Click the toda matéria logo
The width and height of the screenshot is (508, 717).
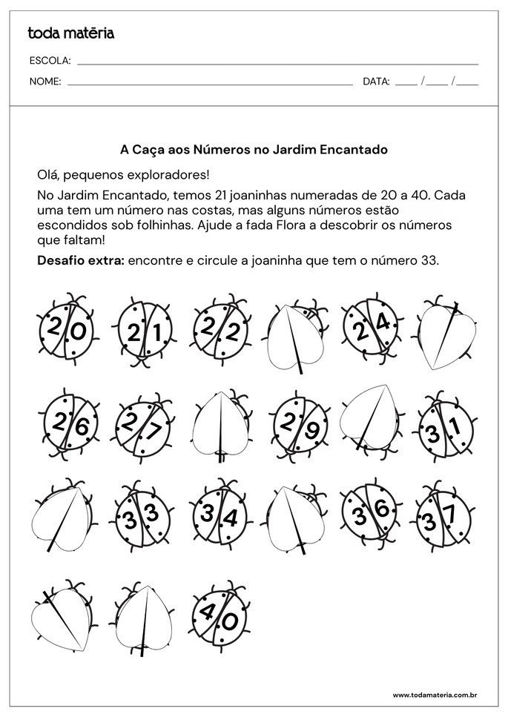click(70, 33)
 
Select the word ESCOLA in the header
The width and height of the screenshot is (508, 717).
click(50, 62)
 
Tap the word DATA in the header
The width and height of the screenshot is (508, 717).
click(376, 82)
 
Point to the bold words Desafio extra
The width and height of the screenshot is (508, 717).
click(81, 260)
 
